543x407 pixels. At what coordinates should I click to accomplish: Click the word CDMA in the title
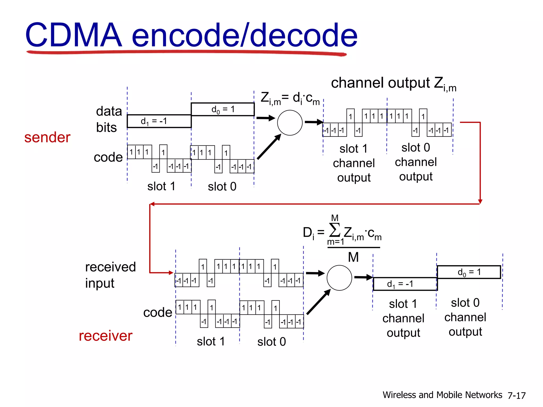(x=73, y=35)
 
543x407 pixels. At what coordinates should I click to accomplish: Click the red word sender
(x=47, y=137)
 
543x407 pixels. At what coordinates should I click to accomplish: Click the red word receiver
(x=106, y=336)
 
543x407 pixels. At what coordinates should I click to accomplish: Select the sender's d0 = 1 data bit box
(x=223, y=109)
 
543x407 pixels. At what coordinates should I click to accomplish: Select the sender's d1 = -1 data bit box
(x=159, y=121)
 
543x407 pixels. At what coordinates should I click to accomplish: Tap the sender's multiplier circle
(x=290, y=123)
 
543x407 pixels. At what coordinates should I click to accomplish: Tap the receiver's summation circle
(x=339, y=278)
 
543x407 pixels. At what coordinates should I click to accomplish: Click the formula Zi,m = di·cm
(x=290, y=98)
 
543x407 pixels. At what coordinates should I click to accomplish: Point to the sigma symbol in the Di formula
(x=334, y=230)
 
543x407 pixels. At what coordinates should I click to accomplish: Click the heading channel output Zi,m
(x=393, y=83)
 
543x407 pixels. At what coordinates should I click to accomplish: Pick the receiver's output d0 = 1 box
(x=469, y=272)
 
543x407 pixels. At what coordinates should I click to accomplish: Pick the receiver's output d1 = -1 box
(x=405, y=284)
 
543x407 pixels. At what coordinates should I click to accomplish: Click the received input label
(x=110, y=275)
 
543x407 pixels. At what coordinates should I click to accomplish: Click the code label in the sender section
(x=108, y=157)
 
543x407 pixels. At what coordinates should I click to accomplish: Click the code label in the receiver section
(x=158, y=312)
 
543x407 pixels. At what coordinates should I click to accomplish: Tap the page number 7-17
(x=516, y=396)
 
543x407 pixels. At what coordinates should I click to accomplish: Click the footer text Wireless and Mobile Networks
(x=442, y=395)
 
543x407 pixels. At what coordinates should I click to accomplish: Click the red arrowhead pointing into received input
(x=171, y=273)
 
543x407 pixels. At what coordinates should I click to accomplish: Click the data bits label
(x=109, y=119)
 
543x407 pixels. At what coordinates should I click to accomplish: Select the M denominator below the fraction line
(x=353, y=257)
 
